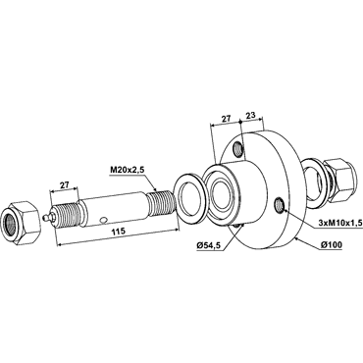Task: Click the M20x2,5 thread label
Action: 126,171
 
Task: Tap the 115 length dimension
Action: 119,232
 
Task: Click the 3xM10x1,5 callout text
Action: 339,223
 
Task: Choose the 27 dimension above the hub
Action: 226,118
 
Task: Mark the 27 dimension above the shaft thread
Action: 64,184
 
